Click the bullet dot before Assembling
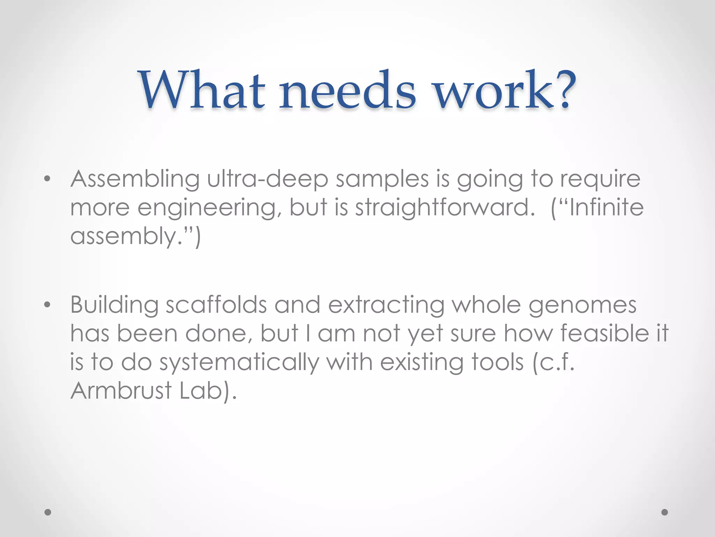[x=47, y=179]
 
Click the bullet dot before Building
[x=47, y=305]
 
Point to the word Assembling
[x=135, y=179]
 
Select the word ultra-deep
[x=267, y=179]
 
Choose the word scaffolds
[x=216, y=305]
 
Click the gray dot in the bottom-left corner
[x=48, y=512]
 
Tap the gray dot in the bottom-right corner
[x=665, y=512]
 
